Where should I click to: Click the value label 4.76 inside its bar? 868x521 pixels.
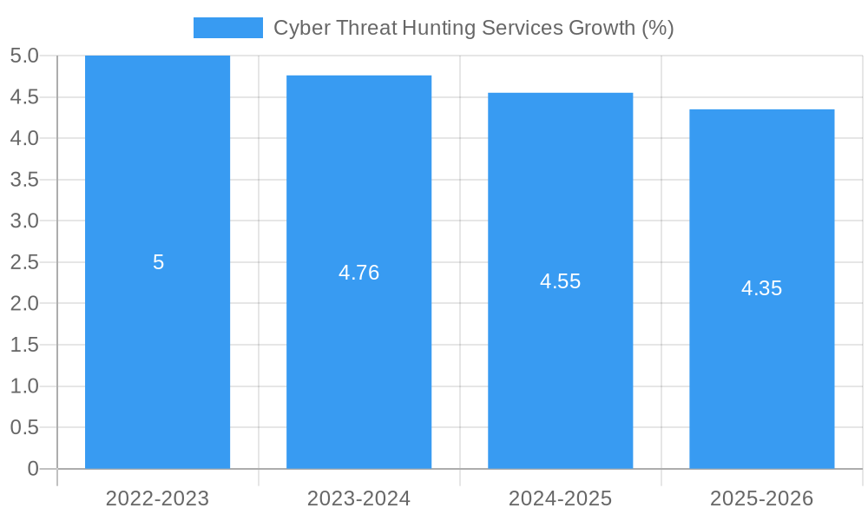(x=358, y=273)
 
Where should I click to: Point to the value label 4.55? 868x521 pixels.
(x=560, y=281)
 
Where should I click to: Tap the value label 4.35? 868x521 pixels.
(x=761, y=289)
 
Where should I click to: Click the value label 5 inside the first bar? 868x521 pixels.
(x=158, y=262)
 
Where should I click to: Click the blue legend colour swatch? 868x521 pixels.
(x=227, y=28)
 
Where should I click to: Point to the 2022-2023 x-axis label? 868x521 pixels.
(x=157, y=498)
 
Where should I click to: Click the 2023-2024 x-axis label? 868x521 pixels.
(x=358, y=498)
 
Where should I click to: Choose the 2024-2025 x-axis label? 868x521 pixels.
(x=560, y=498)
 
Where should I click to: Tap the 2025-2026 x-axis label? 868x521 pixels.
(x=761, y=498)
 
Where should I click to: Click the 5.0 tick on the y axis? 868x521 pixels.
(x=24, y=56)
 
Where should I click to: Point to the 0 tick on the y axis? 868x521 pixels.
(x=33, y=469)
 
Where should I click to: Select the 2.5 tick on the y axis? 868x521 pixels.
(x=24, y=262)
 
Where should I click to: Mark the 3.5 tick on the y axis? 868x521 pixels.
(x=24, y=180)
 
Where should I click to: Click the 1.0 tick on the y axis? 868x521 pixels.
(x=24, y=386)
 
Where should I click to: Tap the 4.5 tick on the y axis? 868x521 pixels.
(x=24, y=97)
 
